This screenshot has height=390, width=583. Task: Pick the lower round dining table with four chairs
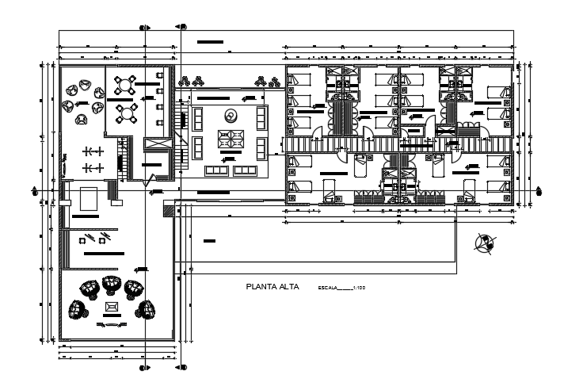[124, 113]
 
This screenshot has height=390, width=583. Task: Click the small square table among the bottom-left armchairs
[111, 305]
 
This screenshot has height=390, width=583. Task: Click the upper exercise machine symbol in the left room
[94, 151]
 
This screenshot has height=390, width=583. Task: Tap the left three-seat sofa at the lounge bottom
[215, 170]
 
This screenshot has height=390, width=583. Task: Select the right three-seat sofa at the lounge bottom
[243, 170]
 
